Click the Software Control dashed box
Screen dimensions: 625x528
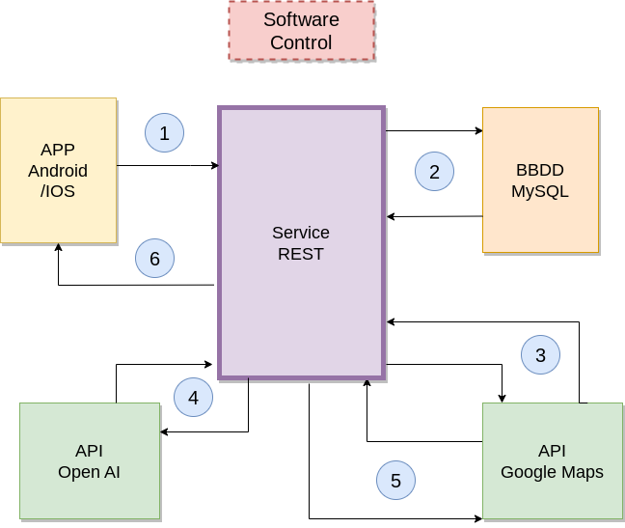301,31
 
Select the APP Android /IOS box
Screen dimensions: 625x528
59,170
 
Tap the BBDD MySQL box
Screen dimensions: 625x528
540,180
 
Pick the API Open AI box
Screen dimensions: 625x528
90,460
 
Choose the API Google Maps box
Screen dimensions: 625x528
553,460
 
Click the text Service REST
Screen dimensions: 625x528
301,243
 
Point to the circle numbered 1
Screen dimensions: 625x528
164,133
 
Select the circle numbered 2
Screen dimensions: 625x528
434,172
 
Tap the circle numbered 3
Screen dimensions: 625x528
540,355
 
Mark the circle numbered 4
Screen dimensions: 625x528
193,397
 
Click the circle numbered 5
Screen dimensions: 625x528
395,480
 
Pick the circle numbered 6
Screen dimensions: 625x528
154,258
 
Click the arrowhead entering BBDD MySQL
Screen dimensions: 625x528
479,130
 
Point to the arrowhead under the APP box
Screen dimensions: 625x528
59,247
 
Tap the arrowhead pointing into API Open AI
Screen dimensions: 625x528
164,431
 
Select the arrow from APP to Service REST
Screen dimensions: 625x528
168,165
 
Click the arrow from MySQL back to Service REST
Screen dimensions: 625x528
434,216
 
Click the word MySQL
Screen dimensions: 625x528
540,192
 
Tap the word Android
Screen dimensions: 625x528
58,171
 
